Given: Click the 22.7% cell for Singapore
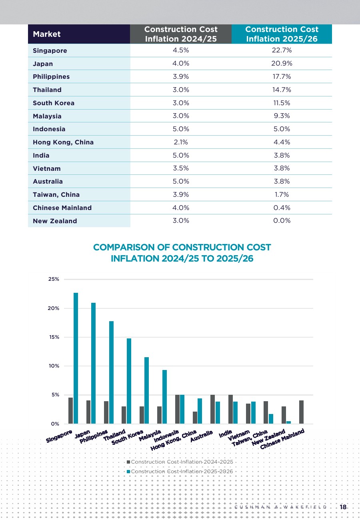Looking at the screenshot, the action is (282, 50).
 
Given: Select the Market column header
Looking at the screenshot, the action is (47, 34).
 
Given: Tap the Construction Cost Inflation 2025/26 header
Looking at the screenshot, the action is (282, 34).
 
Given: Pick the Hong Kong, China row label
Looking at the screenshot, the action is (63, 142).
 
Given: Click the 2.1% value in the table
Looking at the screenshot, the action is (180, 142).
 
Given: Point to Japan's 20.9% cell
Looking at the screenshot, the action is (282, 63).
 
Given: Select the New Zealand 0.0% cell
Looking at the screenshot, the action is (282, 220).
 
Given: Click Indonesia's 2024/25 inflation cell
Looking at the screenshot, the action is (180, 129).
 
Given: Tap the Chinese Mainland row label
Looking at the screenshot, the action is (62, 208).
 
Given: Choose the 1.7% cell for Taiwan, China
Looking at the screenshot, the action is (282, 194).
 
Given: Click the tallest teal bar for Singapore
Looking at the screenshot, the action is (76, 358).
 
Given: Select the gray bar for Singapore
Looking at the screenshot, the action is (70, 411).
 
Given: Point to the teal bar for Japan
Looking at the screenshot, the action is (93, 363).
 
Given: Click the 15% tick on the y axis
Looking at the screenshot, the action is (54, 337).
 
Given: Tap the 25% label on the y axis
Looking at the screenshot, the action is (54, 279).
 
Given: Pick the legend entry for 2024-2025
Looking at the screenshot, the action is (180, 462).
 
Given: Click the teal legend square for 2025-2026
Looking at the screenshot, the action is (128, 472).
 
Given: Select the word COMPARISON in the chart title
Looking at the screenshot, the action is (124, 248).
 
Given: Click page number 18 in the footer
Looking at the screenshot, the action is (343, 507).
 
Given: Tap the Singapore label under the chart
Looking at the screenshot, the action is (59, 436).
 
